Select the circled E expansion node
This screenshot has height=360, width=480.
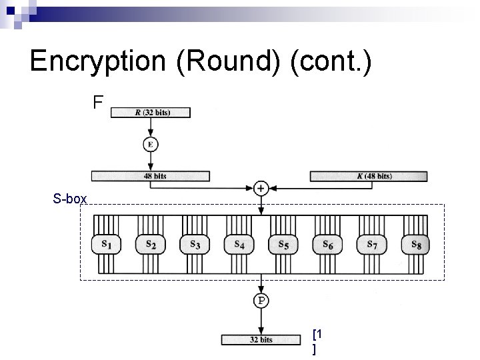(x=151, y=144)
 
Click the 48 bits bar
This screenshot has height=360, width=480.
(x=151, y=177)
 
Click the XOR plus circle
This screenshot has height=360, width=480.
(x=261, y=189)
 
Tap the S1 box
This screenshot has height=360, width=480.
(x=106, y=245)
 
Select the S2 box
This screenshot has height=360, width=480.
(x=151, y=245)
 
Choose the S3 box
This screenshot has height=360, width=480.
(x=195, y=245)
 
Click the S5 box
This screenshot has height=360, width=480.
(x=283, y=245)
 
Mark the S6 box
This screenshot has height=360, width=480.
(x=327, y=245)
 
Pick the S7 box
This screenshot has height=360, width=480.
(x=372, y=245)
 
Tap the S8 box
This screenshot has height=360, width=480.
(x=416, y=245)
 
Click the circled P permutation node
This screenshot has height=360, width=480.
(x=261, y=301)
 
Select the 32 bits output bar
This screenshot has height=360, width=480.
(x=261, y=339)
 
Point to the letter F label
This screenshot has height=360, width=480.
(x=98, y=102)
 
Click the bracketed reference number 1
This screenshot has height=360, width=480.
(x=319, y=333)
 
